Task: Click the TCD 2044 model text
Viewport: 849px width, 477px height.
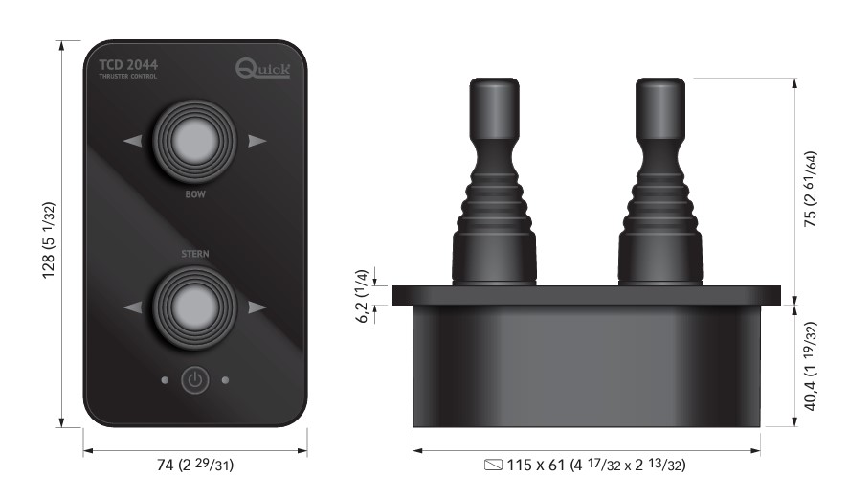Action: [x=128, y=65]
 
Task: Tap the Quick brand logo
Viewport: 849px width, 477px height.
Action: [x=262, y=68]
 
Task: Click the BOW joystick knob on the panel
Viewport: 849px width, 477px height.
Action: [x=194, y=141]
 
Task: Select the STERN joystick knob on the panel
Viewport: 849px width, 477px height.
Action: [x=194, y=307]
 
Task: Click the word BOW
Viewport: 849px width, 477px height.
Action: [x=195, y=194]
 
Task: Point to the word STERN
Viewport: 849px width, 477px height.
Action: [x=195, y=254]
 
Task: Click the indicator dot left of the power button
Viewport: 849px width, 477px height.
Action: [x=165, y=380]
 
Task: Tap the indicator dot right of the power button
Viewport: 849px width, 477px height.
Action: [x=225, y=380]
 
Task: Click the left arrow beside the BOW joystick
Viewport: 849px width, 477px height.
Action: [x=133, y=141]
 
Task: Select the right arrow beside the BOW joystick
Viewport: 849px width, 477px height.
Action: [x=257, y=141]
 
